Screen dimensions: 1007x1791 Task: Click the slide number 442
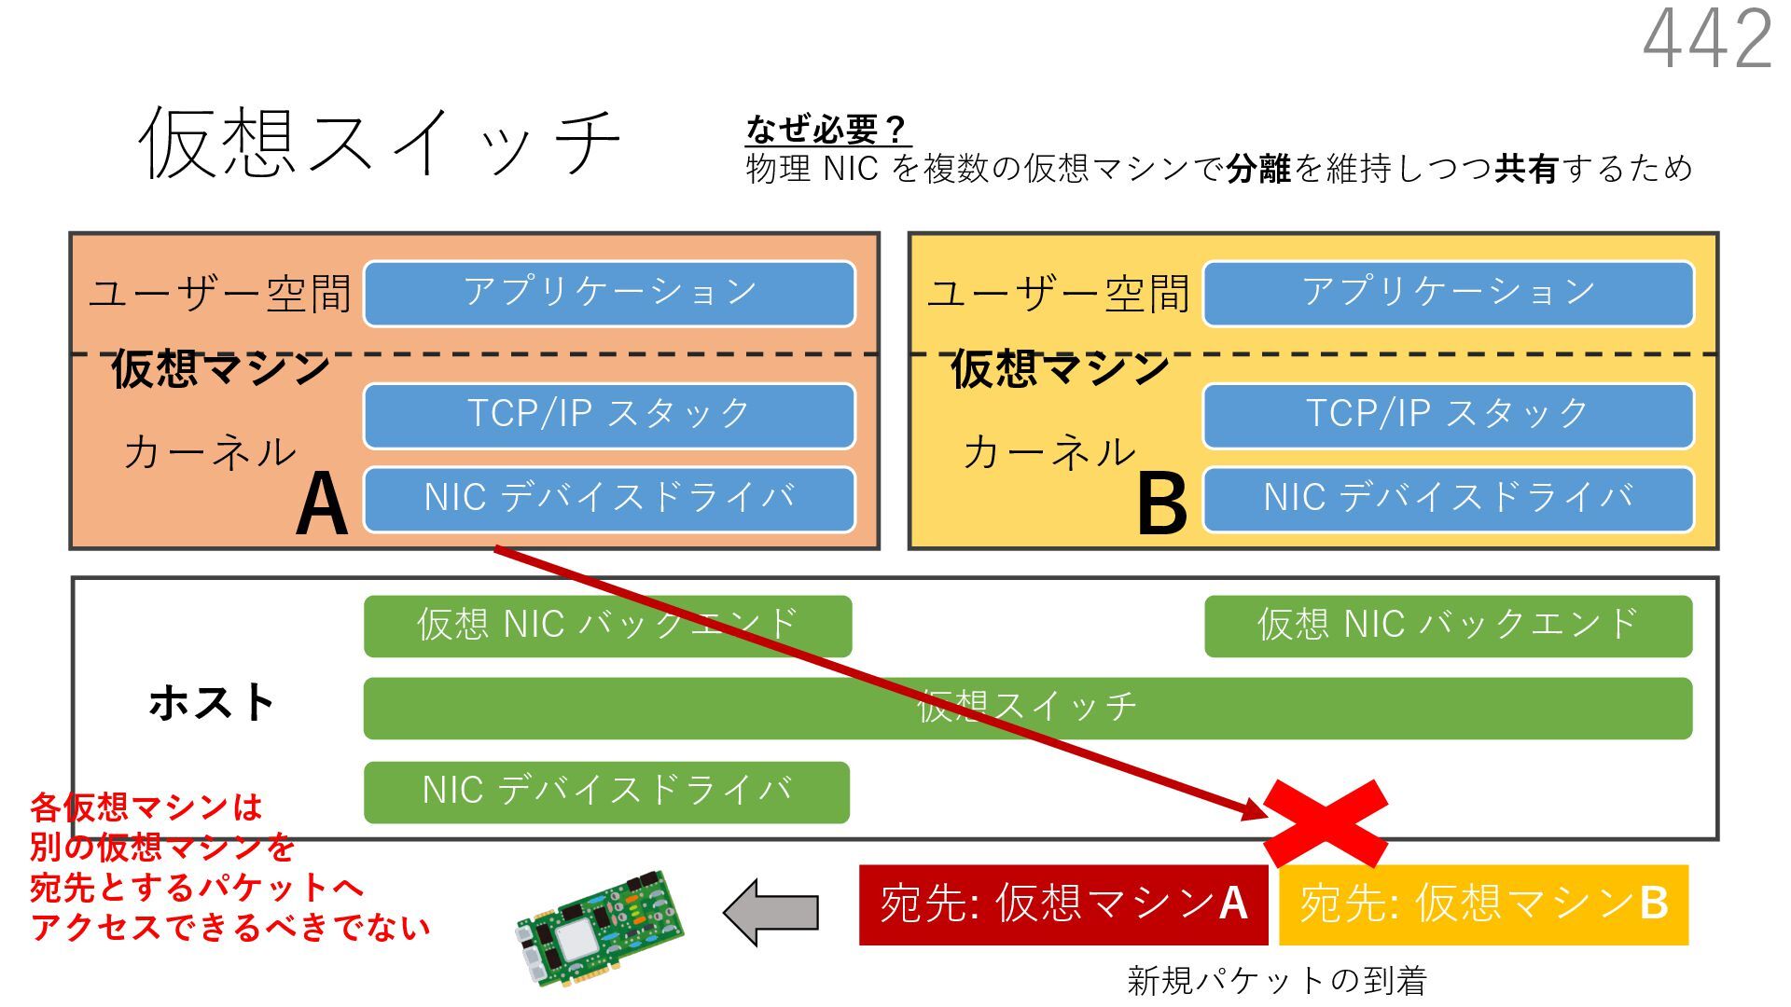pyautogui.click(x=1707, y=39)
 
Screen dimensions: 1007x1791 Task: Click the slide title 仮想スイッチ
pyautogui.click(x=379, y=142)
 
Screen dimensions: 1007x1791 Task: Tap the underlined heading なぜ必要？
pyautogui.click(x=826, y=129)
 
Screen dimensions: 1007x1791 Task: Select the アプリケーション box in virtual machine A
pyautogui.click(x=609, y=293)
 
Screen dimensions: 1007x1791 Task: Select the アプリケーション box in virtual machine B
pyautogui.click(x=1448, y=293)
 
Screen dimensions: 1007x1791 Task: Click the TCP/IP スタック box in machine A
pyautogui.click(x=609, y=415)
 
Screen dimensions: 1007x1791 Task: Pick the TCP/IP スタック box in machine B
pyautogui.click(x=1448, y=415)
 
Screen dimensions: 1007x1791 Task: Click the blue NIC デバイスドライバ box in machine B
pyautogui.click(x=1448, y=498)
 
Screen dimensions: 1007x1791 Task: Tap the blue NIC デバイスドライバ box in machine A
pyautogui.click(x=609, y=498)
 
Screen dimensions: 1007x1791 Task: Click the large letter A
pyautogui.click(x=322, y=504)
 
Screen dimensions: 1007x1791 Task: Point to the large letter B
pyautogui.click(x=1161, y=504)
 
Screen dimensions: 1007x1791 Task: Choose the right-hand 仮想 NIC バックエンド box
pyautogui.click(x=1448, y=626)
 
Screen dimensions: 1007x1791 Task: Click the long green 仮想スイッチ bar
pyautogui.click(x=1306, y=709)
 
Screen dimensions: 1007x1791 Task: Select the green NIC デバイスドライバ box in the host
pyautogui.click(x=606, y=792)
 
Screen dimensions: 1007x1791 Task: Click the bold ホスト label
pyautogui.click(x=212, y=703)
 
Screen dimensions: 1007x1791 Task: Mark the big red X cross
pyautogui.click(x=1326, y=823)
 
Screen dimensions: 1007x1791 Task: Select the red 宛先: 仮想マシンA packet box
pyautogui.click(x=1062, y=904)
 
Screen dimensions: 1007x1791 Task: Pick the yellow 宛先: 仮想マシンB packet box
pyautogui.click(x=1483, y=904)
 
